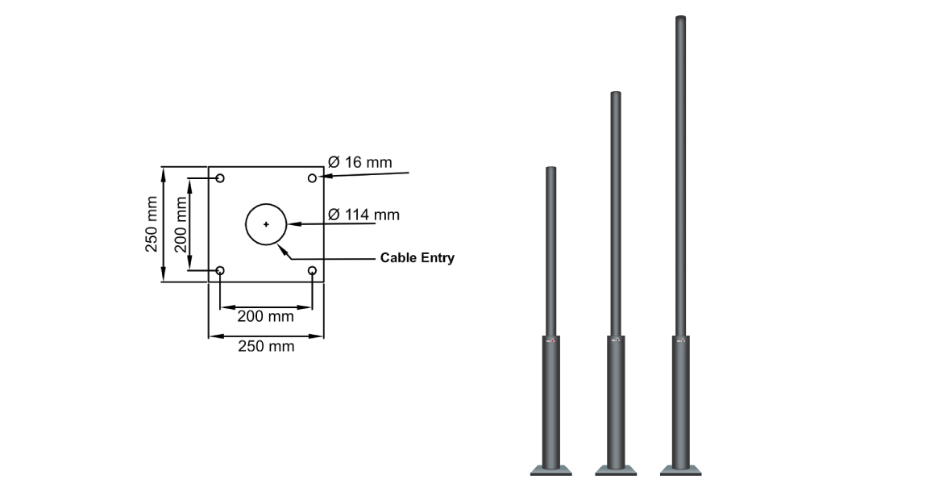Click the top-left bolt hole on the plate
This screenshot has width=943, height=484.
click(220, 177)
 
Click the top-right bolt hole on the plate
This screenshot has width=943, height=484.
click(312, 177)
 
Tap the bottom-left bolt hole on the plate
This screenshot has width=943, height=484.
click(220, 270)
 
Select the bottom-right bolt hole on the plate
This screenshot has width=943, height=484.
click(312, 270)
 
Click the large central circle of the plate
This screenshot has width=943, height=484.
click(266, 223)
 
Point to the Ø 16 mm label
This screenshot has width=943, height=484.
click(360, 163)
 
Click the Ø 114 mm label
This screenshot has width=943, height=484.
click(363, 215)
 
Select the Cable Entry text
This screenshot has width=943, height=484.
click(417, 258)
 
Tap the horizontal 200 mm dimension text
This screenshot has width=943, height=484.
click(265, 317)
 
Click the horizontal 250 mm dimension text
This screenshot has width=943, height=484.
click(265, 347)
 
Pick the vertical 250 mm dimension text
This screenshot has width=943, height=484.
click(152, 223)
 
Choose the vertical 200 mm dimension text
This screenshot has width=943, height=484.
click(181, 223)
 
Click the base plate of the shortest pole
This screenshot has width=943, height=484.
click(551, 470)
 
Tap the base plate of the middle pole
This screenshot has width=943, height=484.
click(616, 470)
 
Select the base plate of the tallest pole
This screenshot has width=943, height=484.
click(680, 470)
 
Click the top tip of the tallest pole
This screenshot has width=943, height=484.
click(680, 18)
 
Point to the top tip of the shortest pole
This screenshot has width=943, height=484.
click(551, 169)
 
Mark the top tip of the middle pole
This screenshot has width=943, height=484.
click(616, 94)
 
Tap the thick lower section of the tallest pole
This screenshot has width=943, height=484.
click(680, 403)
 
